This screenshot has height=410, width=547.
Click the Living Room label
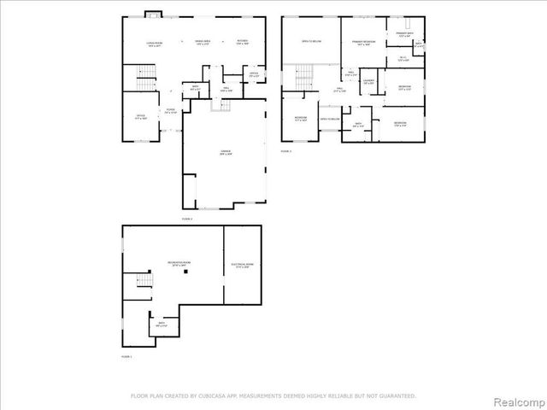click(x=155, y=43)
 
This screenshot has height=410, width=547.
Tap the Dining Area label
click(x=203, y=43)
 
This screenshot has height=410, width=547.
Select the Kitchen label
click(x=241, y=43)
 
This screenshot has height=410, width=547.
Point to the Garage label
click(x=225, y=154)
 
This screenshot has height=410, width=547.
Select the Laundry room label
click(x=368, y=82)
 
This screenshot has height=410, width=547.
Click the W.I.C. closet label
click(x=403, y=59)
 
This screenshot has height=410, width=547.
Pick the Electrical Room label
click(x=243, y=266)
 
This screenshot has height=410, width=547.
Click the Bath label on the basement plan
click(x=162, y=325)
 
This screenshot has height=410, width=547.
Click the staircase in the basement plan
click(x=144, y=284)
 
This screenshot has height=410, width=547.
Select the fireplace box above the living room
click(x=152, y=13)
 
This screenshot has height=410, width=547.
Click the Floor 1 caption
click(x=126, y=355)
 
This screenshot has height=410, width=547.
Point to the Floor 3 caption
click(x=286, y=150)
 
